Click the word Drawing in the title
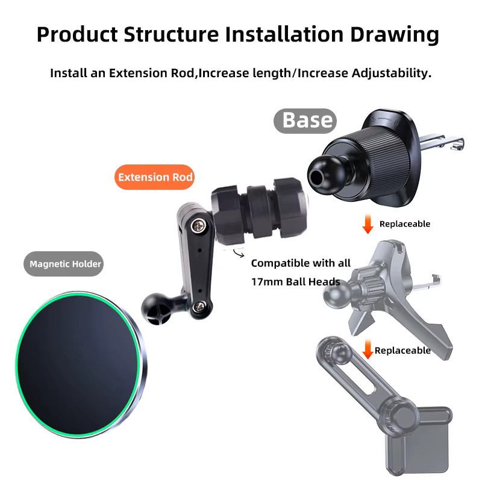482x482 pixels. pyautogui.click(x=395, y=34)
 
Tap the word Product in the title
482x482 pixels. pyautogui.click(x=78, y=34)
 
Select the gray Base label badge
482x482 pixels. pyautogui.click(x=305, y=121)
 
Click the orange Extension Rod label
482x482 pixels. pyautogui.click(x=155, y=177)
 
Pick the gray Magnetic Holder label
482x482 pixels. pyautogui.click(x=64, y=264)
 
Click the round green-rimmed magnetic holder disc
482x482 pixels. pyautogui.click(x=81, y=365)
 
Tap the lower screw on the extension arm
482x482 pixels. pyautogui.click(x=200, y=306)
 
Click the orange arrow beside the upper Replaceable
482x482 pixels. pyautogui.click(x=368, y=224)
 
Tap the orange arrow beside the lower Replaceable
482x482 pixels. pyautogui.click(x=368, y=349)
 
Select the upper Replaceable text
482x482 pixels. pyautogui.click(x=405, y=224)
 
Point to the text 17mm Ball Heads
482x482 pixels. pyautogui.click(x=296, y=281)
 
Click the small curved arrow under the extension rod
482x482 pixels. pyautogui.click(x=239, y=253)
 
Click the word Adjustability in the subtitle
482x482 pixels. pyautogui.click(x=391, y=73)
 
